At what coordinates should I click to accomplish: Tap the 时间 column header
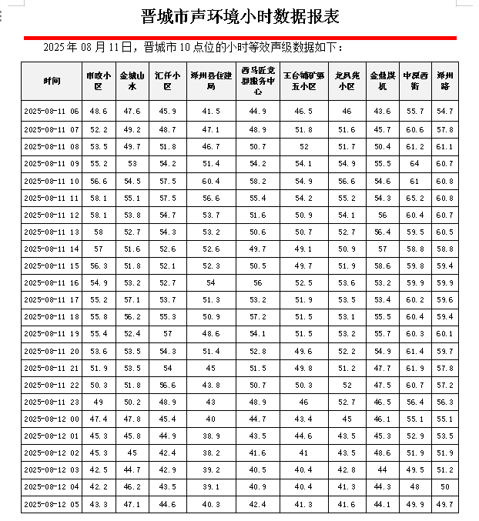point(52,81)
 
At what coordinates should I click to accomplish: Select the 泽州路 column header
point(445,81)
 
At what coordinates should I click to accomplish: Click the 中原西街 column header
point(415,81)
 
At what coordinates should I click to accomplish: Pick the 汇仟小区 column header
point(168,81)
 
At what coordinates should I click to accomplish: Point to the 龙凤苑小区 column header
point(347,81)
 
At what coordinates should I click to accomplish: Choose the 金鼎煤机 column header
point(382,81)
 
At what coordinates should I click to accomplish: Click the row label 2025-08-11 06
point(52,112)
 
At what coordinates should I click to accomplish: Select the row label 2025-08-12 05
point(52,505)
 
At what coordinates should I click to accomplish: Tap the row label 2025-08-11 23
point(52,402)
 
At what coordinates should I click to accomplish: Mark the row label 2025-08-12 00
point(52,419)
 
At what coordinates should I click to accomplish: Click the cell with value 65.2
point(415,198)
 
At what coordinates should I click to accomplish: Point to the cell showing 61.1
point(445,146)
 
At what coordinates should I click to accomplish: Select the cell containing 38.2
point(211,453)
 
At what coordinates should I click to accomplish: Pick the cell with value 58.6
point(382,266)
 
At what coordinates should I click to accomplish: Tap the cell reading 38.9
point(211,436)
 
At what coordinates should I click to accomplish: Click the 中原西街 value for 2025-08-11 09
point(415,163)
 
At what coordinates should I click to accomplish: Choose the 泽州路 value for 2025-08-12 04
point(445,487)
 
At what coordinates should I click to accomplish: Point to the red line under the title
point(240,37)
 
